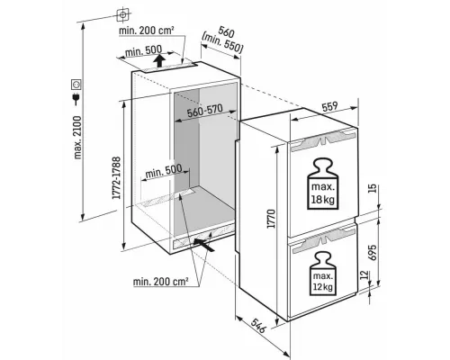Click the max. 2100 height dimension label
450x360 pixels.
coord(77,137)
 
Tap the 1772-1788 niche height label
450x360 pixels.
coord(116,177)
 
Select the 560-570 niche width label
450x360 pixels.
coord(204,111)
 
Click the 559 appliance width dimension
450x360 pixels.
coord(329,106)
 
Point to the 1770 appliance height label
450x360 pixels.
coord(271,219)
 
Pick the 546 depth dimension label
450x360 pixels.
coord(258,326)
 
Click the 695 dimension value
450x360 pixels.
coord(372,253)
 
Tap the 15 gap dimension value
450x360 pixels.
coord(372,188)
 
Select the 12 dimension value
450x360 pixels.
coord(364,275)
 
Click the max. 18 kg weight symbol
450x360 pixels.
coord(323,184)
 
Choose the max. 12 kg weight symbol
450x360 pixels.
coord(322,274)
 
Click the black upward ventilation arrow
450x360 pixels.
coord(159,61)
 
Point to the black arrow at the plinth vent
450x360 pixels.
coord(204,244)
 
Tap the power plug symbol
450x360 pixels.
coord(76,98)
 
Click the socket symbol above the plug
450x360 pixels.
coord(76,85)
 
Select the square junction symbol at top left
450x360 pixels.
coord(122,14)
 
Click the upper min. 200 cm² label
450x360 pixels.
coord(147,31)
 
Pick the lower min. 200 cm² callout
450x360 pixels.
coord(161,282)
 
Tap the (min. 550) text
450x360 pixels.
coord(222,43)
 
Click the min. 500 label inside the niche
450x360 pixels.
coord(164,171)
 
